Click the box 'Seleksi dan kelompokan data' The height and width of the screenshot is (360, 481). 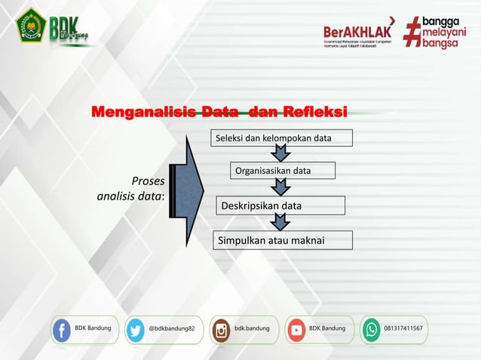273,139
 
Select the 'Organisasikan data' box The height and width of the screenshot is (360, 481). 273,171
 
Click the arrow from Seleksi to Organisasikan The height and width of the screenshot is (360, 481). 280,154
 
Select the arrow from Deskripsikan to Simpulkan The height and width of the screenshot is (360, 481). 280,222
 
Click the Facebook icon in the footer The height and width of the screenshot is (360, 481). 62,330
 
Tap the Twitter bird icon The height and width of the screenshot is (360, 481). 136,330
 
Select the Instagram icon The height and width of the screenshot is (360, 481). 221,330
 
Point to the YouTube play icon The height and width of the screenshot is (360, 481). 296,330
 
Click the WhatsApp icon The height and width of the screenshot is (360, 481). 372,330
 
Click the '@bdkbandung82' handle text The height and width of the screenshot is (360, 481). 171,329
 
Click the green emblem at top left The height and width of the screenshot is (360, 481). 31,28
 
